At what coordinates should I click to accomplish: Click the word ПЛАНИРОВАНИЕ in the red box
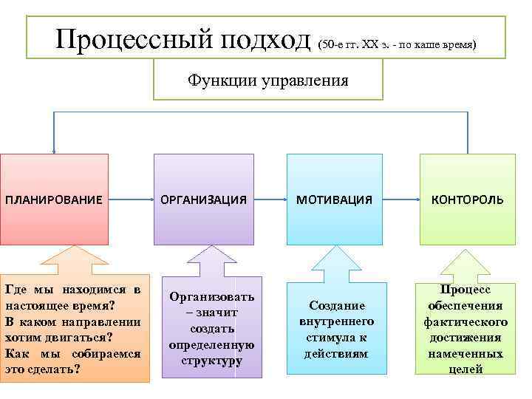click(x=53, y=200)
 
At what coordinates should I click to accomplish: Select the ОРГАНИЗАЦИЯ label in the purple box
click(x=203, y=200)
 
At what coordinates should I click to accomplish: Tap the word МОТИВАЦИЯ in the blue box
click(x=335, y=200)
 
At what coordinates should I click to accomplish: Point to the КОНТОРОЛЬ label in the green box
click(x=468, y=200)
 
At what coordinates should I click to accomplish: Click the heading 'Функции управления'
click(x=267, y=79)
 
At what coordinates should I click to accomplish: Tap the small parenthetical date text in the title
click(x=397, y=45)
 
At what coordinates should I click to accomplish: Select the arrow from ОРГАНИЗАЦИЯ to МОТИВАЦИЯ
click(x=270, y=199)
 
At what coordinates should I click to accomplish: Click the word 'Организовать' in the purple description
click(x=211, y=296)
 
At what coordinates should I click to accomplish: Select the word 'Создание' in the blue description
click(x=337, y=305)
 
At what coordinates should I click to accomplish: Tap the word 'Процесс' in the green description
click(x=465, y=290)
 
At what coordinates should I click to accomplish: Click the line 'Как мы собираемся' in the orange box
click(x=73, y=353)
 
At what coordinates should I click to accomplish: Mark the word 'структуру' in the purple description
click(x=211, y=361)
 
